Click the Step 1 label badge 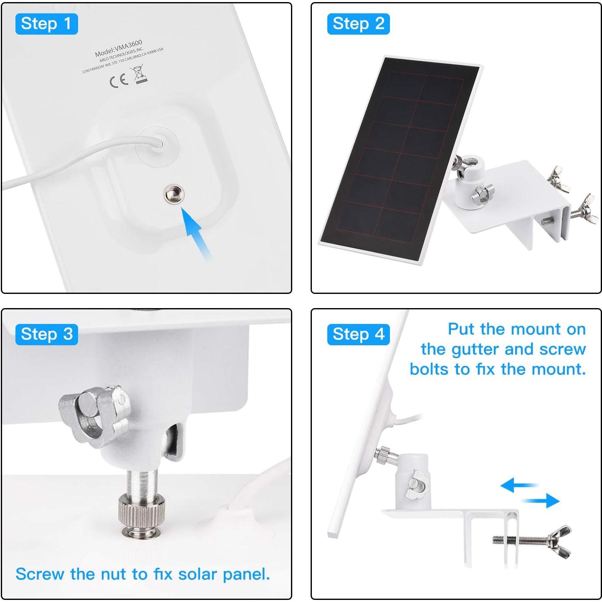click(x=46, y=24)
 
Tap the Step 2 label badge click(x=358, y=24)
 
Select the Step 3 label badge click(x=46, y=334)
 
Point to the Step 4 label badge click(x=358, y=334)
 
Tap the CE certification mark click(x=119, y=80)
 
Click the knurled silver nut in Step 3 click(x=141, y=514)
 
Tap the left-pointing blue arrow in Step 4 click(x=518, y=485)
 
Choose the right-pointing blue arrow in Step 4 click(x=542, y=500)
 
